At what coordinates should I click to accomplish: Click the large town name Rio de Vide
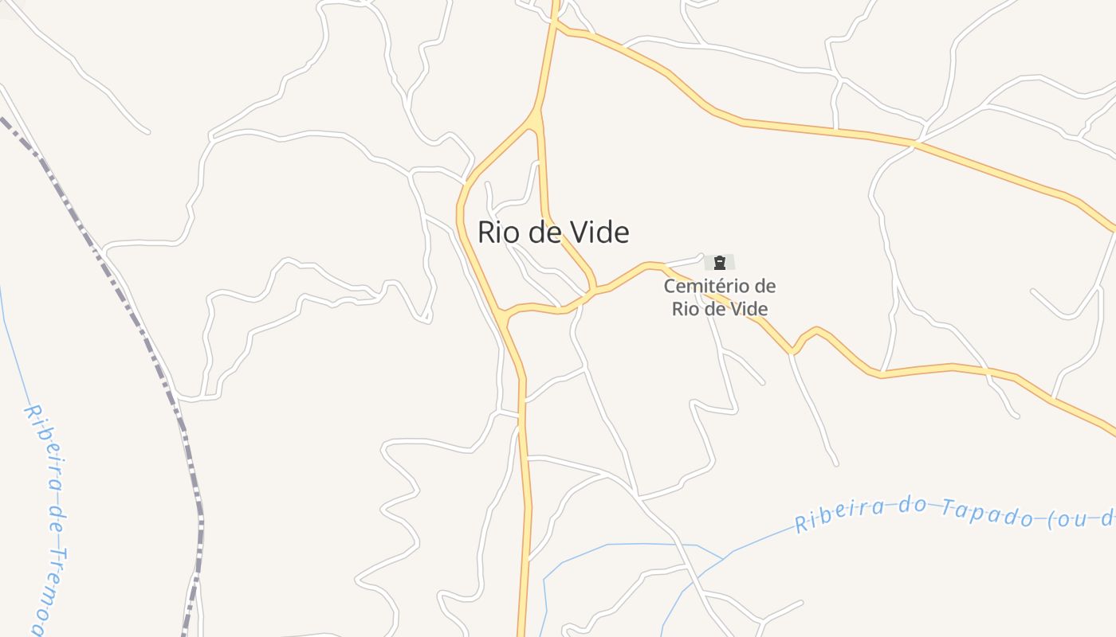(x=553, y=232)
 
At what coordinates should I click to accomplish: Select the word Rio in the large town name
(x=499, y=232)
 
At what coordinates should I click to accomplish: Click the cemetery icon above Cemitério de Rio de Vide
(x=720, y=262)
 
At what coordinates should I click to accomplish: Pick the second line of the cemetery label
(x=720, y=309)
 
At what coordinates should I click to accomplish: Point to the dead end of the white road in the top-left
(x=148, y=131)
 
